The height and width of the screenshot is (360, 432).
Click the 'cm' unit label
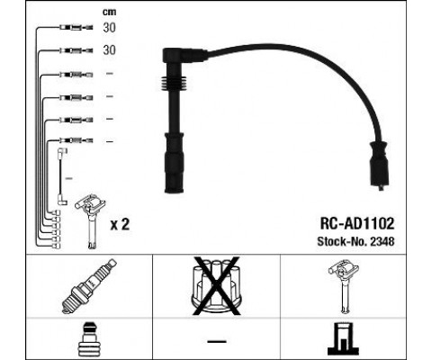click(109, 12)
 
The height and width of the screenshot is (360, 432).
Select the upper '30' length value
click(110, 29)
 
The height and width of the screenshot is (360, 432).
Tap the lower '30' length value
click(110, 51)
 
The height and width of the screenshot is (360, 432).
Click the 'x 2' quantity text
click(119, 224)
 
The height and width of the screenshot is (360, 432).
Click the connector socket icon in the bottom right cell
click(344, 338)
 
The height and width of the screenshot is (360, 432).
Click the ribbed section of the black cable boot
click(170, 94)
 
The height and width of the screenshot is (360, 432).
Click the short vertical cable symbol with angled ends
click(60, 175)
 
